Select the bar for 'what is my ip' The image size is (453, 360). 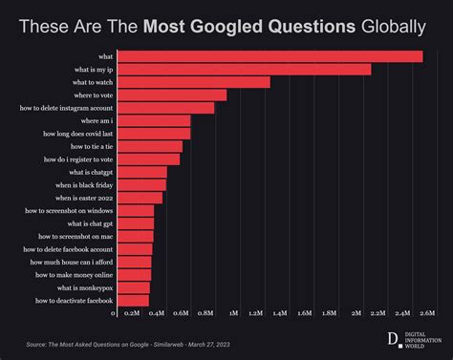coord(244,69)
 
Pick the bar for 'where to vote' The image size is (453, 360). coord(171,95)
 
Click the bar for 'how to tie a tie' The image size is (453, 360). coord(149,146)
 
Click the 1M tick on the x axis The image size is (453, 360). coord(234,313)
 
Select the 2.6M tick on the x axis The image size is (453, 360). coord(427,313)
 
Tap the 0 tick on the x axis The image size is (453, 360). coord(114,313)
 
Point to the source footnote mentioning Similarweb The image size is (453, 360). coord(127,344)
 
